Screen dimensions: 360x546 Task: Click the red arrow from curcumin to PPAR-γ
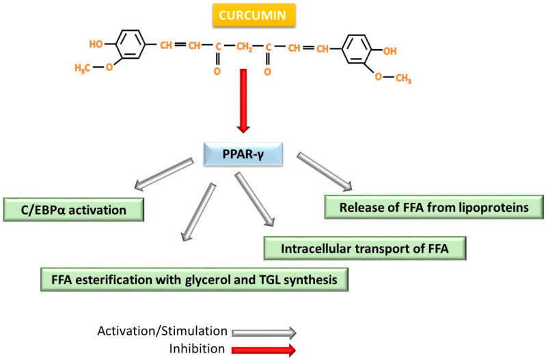pyautogui.click(x=244, y=99)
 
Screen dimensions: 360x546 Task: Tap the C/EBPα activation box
pyautogui.click(x=74, y=210)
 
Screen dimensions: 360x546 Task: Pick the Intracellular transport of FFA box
pyautogui.click(x=365, y=248)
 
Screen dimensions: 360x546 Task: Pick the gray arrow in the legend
pyautogui.click(x=264, y=333)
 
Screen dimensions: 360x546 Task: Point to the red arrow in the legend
pyautogui.click(x=264, y=350)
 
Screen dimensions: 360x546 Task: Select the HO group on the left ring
pyautogui.click(x=98, y=42)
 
